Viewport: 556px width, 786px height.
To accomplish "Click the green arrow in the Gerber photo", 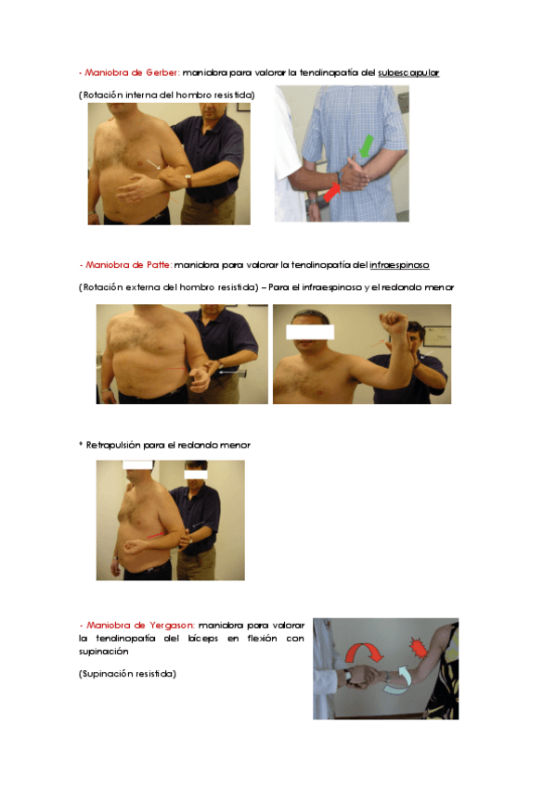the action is (367, 146).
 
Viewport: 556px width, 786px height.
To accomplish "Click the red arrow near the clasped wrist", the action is (331, 193).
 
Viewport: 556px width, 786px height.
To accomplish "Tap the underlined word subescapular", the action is (408, 72).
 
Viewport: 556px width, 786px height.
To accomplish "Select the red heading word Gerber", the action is (162, 72).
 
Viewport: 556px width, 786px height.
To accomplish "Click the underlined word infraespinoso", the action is (399, 265).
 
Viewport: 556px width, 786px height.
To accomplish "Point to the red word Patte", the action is (159, 265).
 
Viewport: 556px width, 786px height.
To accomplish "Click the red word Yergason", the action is (172, 626).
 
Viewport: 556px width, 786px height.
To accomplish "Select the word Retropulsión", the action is (113, 445).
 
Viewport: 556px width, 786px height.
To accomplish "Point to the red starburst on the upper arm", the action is (418, 648).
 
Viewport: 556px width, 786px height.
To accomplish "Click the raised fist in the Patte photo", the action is (394, 323).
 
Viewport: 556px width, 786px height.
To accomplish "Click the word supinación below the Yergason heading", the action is (103, 652).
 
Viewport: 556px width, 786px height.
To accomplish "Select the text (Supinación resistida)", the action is (127, 674).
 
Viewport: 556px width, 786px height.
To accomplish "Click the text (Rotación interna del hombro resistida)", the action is (166, 95).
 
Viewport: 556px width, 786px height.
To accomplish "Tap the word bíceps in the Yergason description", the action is (202, 639).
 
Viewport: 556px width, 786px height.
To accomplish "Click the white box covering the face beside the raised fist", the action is (310, 332).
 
